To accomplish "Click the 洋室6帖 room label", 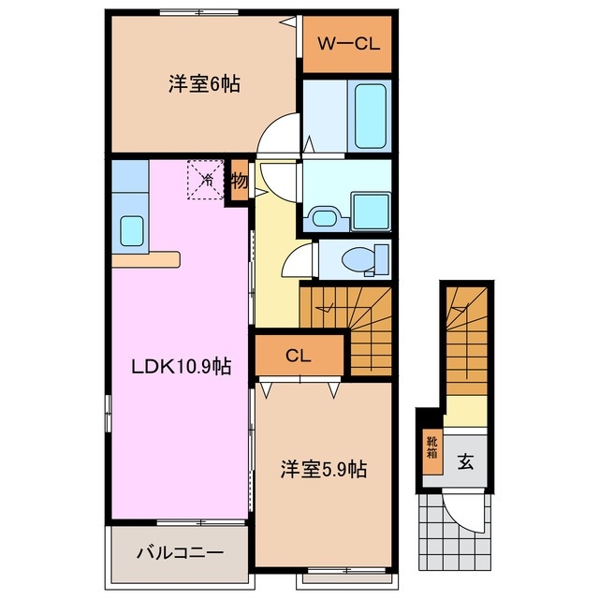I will pyautogui.click(x=204, y=84).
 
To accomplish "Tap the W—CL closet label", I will pyautogui.click(x=346, y=43).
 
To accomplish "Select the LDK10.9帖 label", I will pyautogui.click(x=179, y=368).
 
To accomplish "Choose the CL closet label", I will pyautogui.click(x=299, y=355).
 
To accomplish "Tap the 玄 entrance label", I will pyautogui.click(x=465, y=460).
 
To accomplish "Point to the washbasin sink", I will pyautogui.click(x=324, y=218).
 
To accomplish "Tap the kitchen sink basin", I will pyautogui.click(x=131, y=229).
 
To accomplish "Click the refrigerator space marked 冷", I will pyautogui.click(x=207, y=179).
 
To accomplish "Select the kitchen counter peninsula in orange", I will pyautogui.click(x=145, y=258).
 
